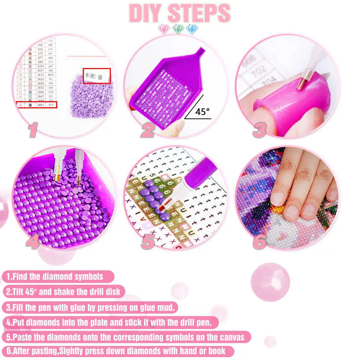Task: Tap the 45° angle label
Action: click(x=202, y=112)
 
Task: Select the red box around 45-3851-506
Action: click(x=96, y=76)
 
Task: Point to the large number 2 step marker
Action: click(x=148, y=130)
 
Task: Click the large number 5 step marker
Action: click(x=148, y=242)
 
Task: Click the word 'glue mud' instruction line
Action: click(x=90, y=307)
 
